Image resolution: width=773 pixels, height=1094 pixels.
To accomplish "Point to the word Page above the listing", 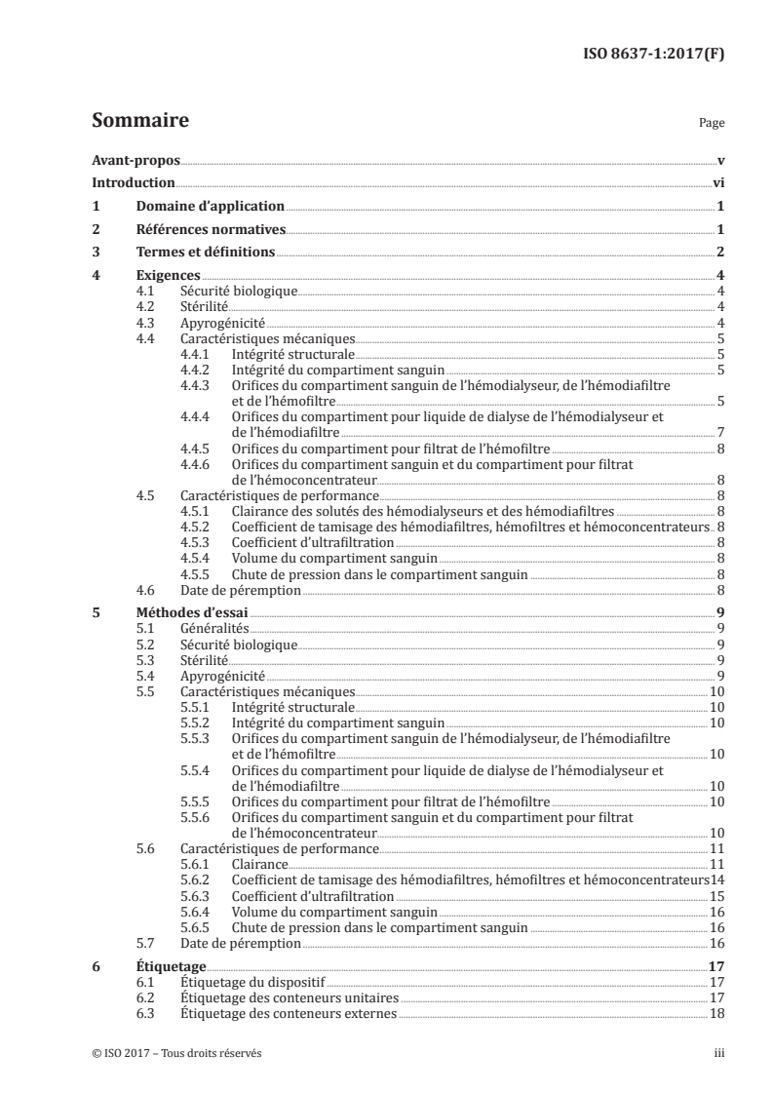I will [x=712, y=124].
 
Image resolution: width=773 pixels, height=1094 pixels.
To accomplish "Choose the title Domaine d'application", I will [x=210, y=206].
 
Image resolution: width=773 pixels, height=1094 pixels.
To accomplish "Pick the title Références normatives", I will [x=210, y=229].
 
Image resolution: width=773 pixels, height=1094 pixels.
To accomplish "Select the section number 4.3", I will [x=145, y=323].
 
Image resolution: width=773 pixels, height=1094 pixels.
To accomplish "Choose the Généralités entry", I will [x=214, y=629].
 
